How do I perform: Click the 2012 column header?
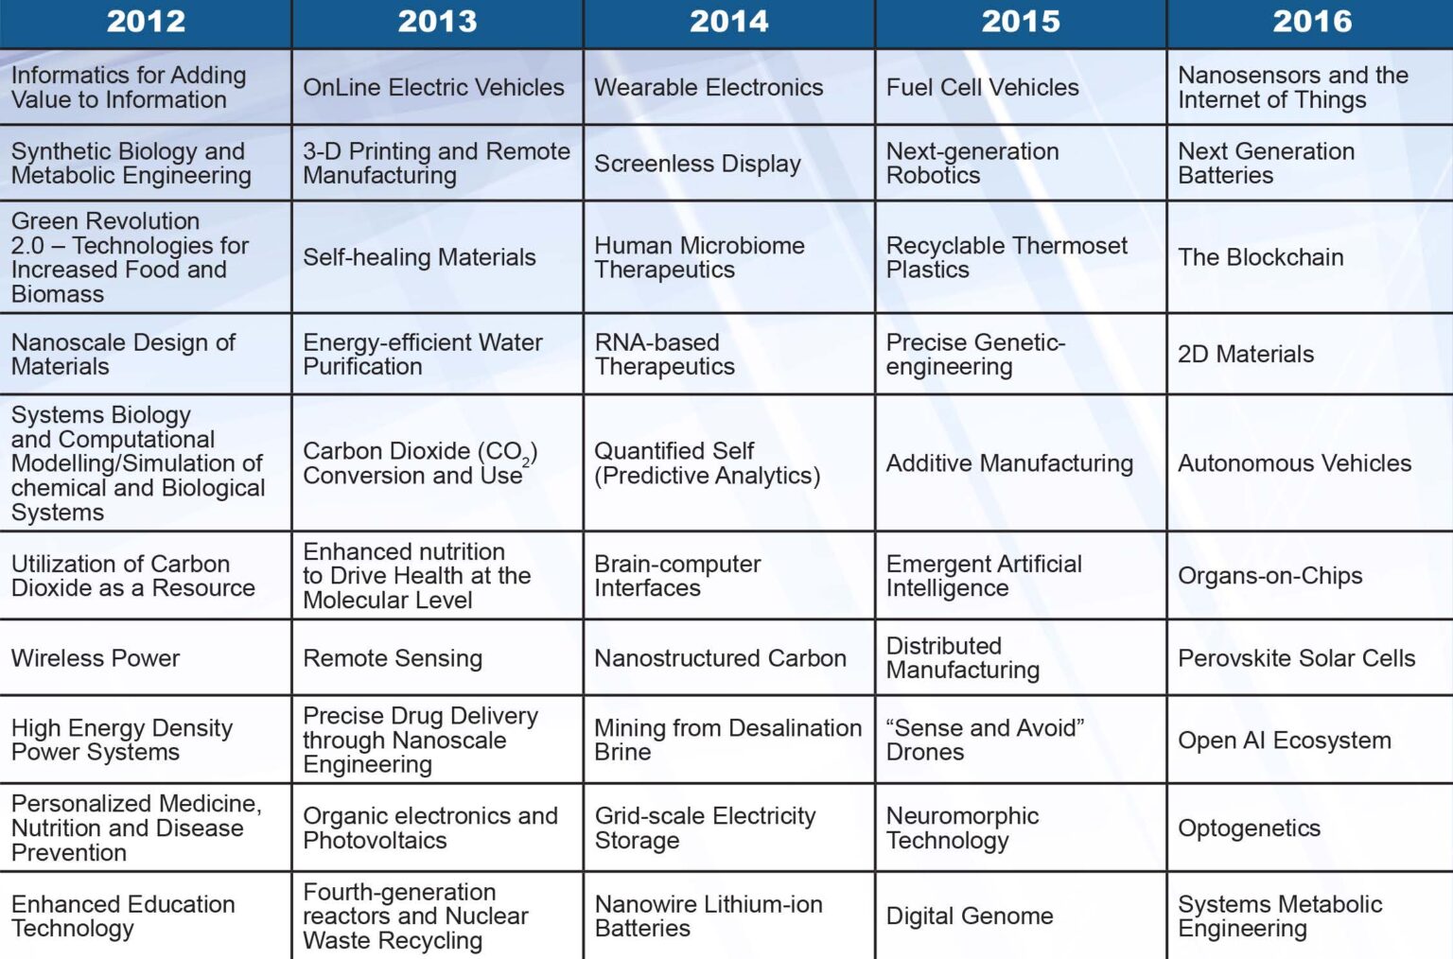(146, 22)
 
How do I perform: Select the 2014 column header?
(728, 22)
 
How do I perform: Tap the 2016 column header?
(1312, 22)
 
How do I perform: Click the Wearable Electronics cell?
(709, 88)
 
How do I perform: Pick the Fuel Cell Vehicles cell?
(982, 88)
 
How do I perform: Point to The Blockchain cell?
(1260, 257)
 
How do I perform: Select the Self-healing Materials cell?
(419, 257)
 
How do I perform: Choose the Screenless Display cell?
(697, 164)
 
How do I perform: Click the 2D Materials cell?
(1245, 355)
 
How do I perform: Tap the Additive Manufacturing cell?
(1009, 463)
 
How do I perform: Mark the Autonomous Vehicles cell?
(1294, 463)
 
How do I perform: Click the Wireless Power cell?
(96, 658)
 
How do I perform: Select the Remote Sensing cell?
(393, 658)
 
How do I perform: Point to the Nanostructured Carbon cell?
(720, 658)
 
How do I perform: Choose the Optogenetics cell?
(1249, 828)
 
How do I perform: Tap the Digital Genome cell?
(970, 916)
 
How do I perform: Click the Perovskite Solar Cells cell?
(1296, 658)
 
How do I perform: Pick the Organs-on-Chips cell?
(1269, 576)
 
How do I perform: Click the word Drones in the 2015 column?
(925, 753)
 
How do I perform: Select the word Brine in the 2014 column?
(622, 753)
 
